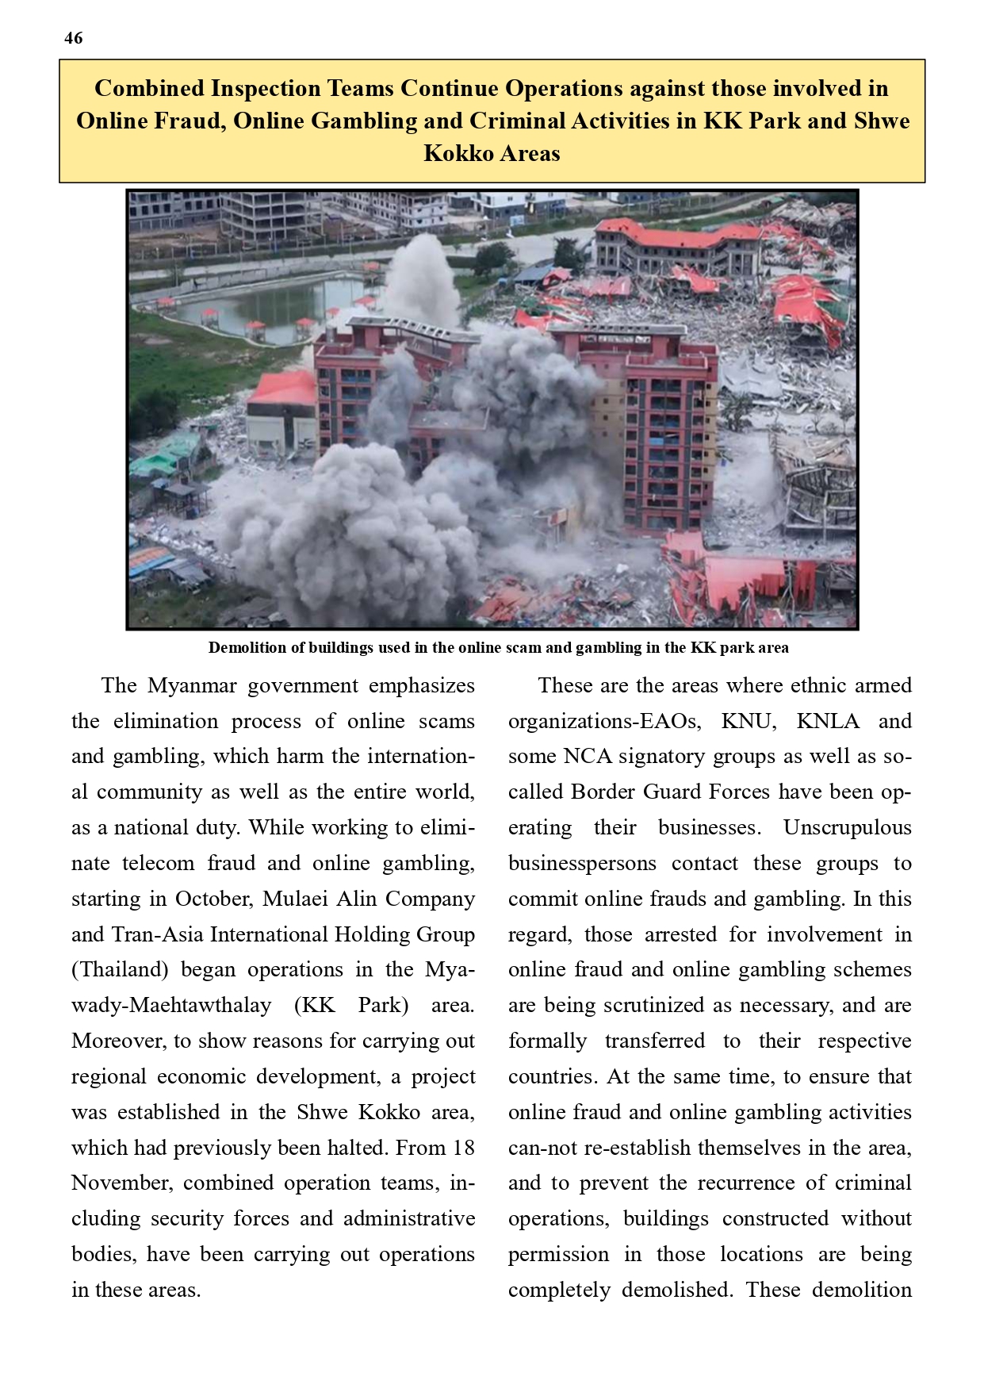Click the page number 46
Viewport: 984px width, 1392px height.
point(73,38)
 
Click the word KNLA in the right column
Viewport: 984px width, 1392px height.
point(827,721)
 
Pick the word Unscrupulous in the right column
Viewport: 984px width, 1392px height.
point(847,827)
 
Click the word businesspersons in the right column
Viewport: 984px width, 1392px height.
point(582,863)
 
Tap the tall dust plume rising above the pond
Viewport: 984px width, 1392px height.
point(420,278)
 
